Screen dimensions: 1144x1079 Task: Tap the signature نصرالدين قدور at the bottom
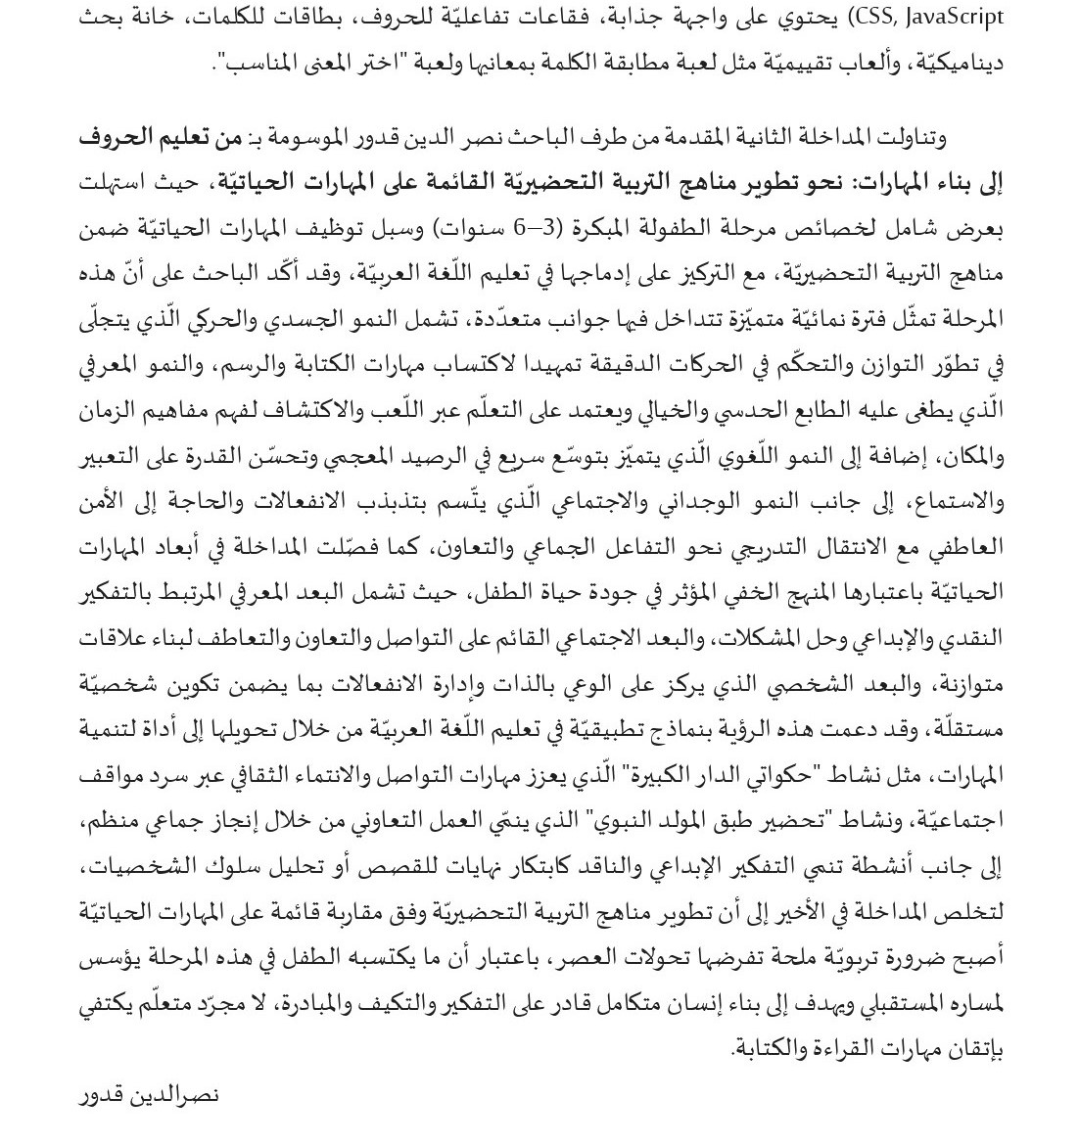(148, 1094)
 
